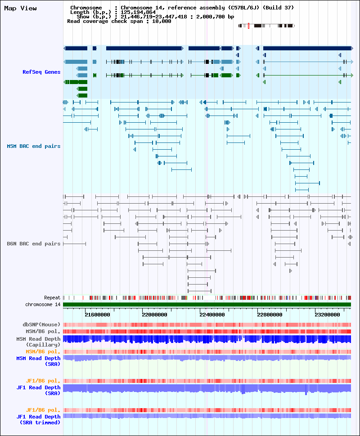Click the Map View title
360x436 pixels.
click(20, 8)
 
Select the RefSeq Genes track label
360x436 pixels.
click(41, 72)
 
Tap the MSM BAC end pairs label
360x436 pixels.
click(34, 146)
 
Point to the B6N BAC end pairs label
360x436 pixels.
click(34, 244)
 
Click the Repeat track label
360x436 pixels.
click(52, 298)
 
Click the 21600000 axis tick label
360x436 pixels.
click(97, 315)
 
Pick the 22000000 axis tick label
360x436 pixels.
click(154, 315)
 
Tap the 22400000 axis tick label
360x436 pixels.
click(212, 315)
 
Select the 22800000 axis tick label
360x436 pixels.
click(270, 315)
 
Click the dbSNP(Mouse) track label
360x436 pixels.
click(41, 324)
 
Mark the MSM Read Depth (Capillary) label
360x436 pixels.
click(38, 342)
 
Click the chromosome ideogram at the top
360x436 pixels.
click(266, 26)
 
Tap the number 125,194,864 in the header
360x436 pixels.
click(138, 12)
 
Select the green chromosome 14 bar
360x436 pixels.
click(207, 305)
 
